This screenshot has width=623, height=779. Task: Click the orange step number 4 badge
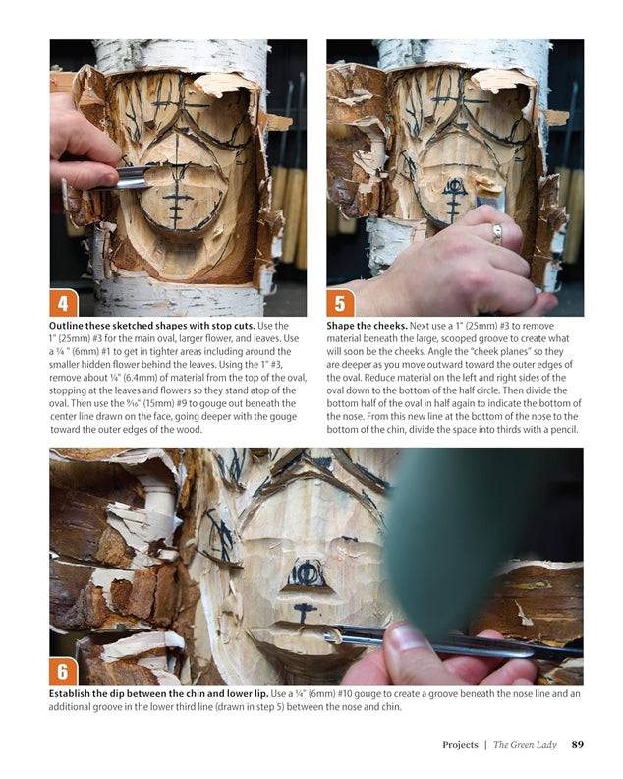click(x=64, y=303)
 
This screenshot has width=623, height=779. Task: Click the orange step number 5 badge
click(x=341, y=303)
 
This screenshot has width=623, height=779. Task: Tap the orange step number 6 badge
click(x=64, y=671)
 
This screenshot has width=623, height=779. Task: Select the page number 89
click(x=578, y=744)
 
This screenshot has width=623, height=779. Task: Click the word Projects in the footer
click(x=460, y=744)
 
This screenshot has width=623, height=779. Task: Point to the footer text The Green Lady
click(x=525, y=744)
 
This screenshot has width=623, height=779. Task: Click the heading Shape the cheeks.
click(x=367, y=326)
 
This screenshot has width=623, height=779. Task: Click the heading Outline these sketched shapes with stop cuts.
click(x=152, y=326)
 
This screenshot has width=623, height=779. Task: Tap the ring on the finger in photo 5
click(x=497, y=233)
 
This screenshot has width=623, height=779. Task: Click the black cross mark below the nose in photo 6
click(x=304, y=612)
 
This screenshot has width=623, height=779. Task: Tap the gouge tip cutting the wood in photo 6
click(x=330, y=636)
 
